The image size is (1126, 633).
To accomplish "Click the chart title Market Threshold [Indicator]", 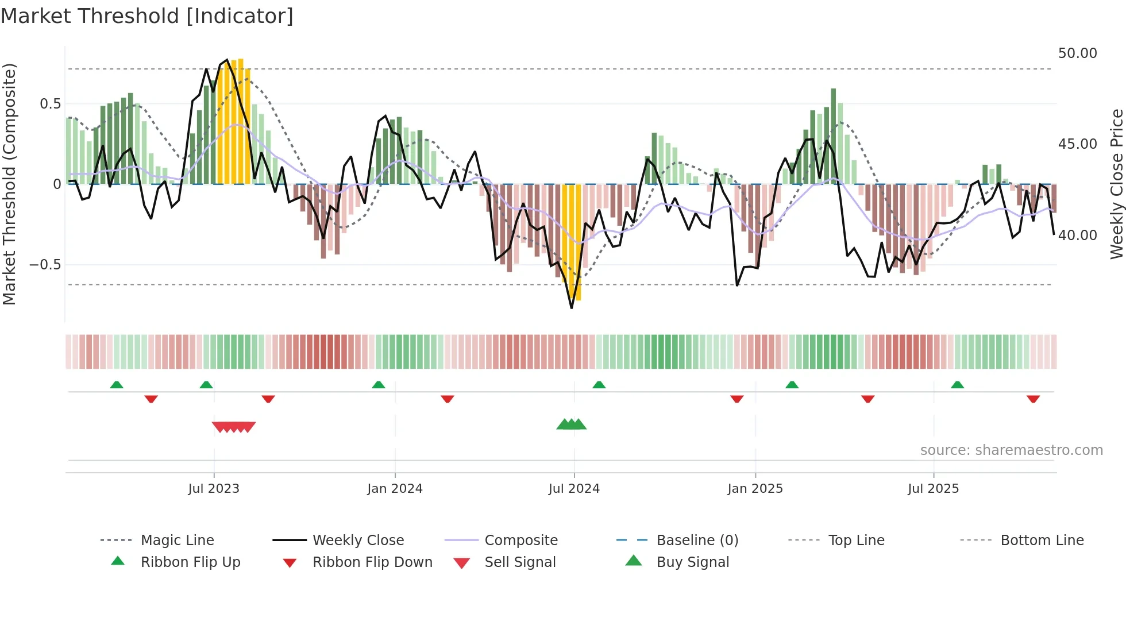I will [x=147, y=16].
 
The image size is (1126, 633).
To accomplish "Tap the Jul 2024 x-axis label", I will [x=574, y=489].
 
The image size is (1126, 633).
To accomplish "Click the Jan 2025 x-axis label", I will [x=755, y=489].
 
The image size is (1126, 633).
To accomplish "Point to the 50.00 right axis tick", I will [x=1077, y=53].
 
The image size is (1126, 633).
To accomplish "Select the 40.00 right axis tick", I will [x=1077, y=236].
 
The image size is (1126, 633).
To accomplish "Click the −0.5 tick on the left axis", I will [x=45, y=265].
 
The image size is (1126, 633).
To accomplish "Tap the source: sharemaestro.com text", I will [x=1011, y=450].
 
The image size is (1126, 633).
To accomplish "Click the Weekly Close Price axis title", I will [x=1116, y=184].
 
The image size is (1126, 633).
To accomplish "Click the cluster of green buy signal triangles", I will [x=572, y=424].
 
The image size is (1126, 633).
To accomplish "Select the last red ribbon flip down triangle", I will [x=1033, y=399].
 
